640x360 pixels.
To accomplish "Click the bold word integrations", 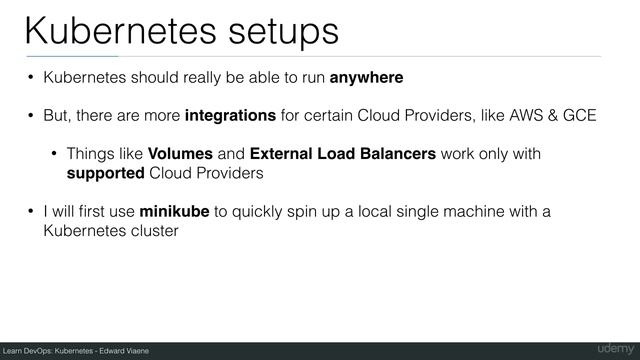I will pyautogui.click(x=231, y=116).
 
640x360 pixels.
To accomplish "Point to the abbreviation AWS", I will pyautogui.click(x=522, y=116).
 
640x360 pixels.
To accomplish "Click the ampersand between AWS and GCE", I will pyautogui.click(x=549, y=116).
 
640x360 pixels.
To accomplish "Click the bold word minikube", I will pyautogui.click(x=174, y=212).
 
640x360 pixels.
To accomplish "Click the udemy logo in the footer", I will pyautogui.click(x=610, y=348).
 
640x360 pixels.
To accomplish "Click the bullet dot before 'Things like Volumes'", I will pyautogui.click(x=55, y=155).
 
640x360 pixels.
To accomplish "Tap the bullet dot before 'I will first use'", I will pyautogui.click(x=31, y=212).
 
